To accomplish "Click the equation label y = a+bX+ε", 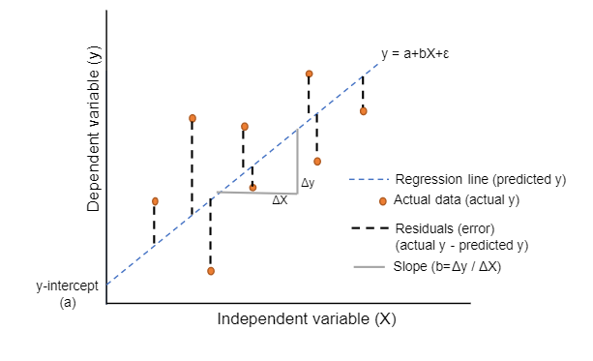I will pos(415,54).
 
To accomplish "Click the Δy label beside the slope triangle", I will pos(308,182).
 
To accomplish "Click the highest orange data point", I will pos(310,74).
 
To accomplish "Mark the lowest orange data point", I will pos(210,271).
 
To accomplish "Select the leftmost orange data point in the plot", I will pos(155,201).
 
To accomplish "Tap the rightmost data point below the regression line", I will pos(364,110).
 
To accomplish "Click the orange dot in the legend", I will pos(383,201).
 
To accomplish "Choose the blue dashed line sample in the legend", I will pos(369,179).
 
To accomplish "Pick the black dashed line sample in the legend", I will pos(369,228).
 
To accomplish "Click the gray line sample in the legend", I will pos(369,267).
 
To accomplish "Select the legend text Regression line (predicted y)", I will pos(480,179).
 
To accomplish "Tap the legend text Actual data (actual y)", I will pos(457,200).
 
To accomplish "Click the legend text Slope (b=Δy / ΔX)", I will pos(449,267).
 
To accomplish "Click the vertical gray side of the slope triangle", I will pos(297,160).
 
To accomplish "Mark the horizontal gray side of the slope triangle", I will pos(257,193).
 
